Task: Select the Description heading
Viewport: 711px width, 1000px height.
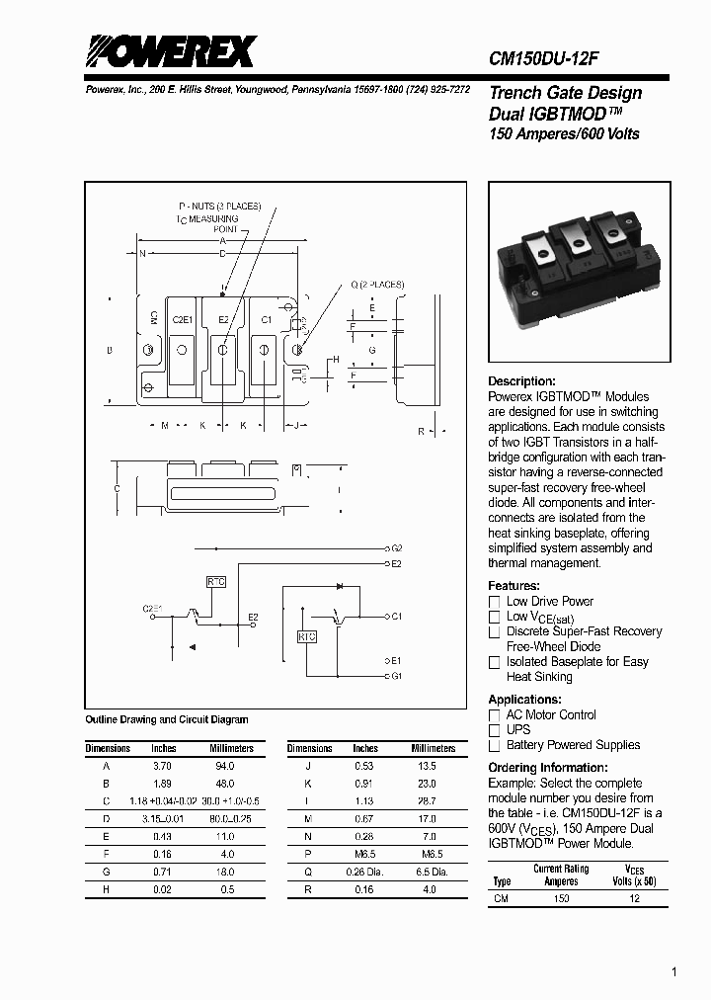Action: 522,381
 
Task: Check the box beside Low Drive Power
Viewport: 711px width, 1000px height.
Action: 495,602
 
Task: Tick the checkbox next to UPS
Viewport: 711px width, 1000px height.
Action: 495,730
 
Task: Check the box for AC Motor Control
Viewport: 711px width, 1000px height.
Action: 495,715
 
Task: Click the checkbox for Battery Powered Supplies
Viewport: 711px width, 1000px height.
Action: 495,746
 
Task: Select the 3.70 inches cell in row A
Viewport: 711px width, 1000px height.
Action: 162,766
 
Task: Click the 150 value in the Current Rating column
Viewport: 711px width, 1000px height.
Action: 561,899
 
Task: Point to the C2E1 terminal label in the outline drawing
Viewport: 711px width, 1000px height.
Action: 182,320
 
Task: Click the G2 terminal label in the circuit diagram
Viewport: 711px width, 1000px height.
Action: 397,547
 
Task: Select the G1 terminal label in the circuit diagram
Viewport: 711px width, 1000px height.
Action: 397,676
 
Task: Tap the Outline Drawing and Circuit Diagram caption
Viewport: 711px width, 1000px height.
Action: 167,720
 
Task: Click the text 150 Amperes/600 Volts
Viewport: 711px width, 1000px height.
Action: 564,133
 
